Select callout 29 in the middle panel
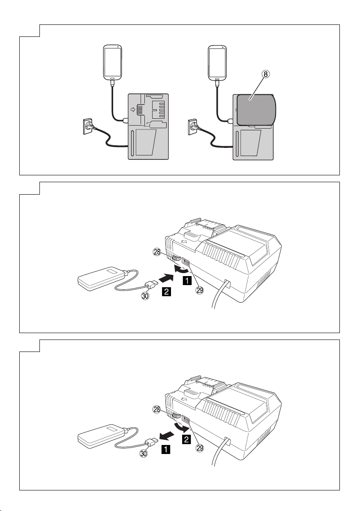point(198,290)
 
